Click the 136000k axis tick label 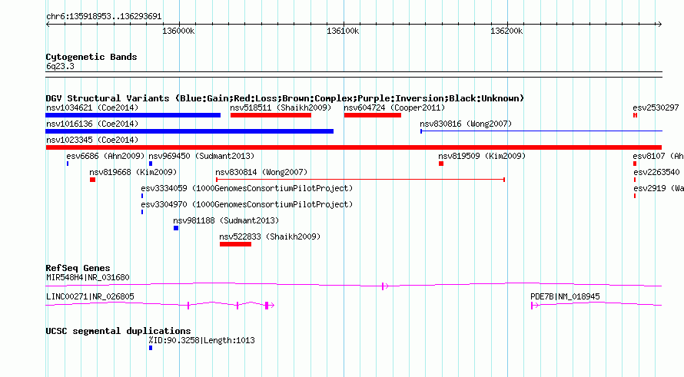(x=178, y=31)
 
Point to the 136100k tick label (x=343, y=31)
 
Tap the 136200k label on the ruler (x=506, y=31)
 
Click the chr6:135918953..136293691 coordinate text (x=104, y=17)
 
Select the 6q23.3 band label (x=60, y=66)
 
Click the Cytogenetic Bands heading (x=91, y=57)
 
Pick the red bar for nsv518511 (x=271, y=115)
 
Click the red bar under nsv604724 (x=373, y=115)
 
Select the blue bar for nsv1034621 (x=133, y=115)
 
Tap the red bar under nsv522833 (x=236, y=244)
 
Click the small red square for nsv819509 (x=441, y=164)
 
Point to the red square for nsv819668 (x=92, y=180)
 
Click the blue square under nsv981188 (x=176, y=228)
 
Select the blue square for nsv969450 (x=151, y=164)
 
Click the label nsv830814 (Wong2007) (x=261, y=172)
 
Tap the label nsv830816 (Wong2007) (x=466, y=124)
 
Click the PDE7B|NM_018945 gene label (x=565, y=296)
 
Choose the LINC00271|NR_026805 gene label (x=90, y=296)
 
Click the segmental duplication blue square (x=151, y=348)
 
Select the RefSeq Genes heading (x=78, y=268)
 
